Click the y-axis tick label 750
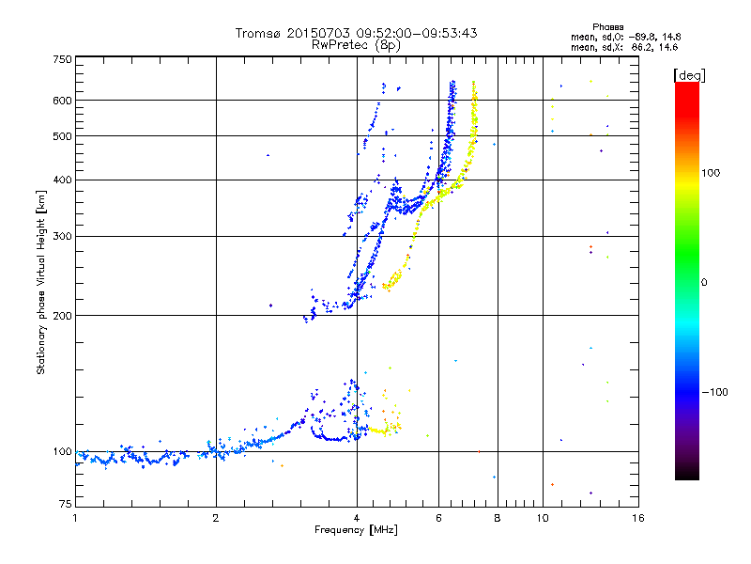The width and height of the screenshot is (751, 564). tap(63, 59)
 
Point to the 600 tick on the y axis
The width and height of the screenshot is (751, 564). tap(63, 101)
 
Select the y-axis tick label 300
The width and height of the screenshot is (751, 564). tap(63, 237)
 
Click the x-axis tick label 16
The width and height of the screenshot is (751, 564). tap(638, 518)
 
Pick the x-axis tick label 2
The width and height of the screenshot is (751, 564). tap(216, 518)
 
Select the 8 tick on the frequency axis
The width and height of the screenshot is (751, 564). tap(498, 518)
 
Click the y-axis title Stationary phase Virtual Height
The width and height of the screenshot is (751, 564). tap(41, 282)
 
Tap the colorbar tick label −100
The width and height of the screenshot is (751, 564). tap(715, 391)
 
